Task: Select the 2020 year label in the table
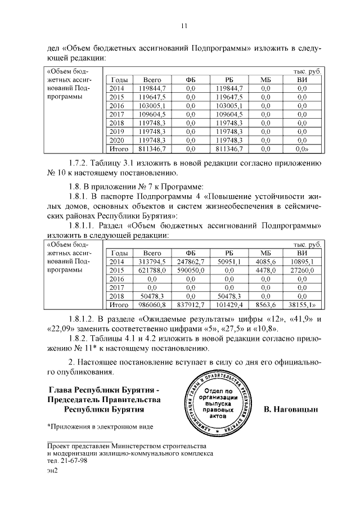pyautogui.click(x=116, y=140)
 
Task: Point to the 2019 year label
pyautogui.click(x=116, y=132)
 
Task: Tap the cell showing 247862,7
pyautogui.click(x=190, y=262)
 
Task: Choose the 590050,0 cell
pyautogui.click(x=190, y=271)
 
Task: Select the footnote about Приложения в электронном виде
pyautogui.click(x=100, y=427)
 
